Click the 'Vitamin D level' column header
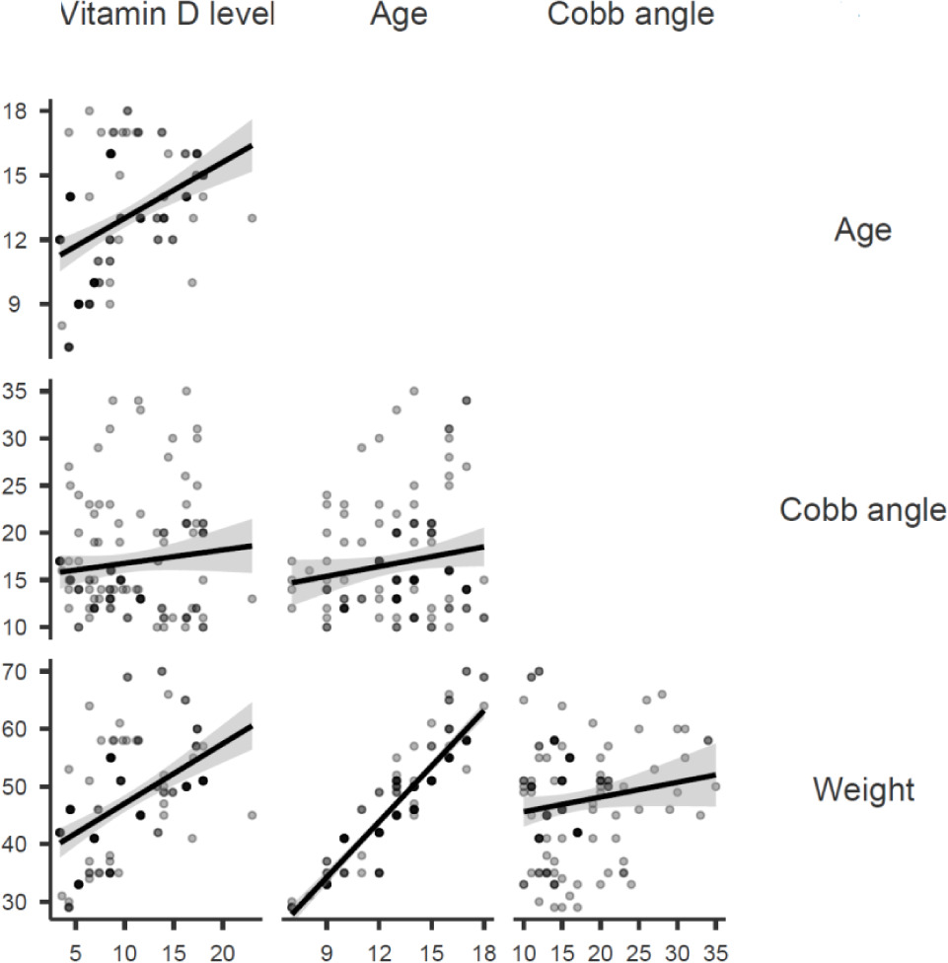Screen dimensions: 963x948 (x=165, y=15)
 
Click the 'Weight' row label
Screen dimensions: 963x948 (x=864, y=789)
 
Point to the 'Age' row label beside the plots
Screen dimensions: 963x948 (x=863, y=230)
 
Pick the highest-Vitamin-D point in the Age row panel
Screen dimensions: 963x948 (x=252, y=218)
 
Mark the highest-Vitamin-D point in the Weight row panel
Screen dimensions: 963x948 (x=252, y=815)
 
